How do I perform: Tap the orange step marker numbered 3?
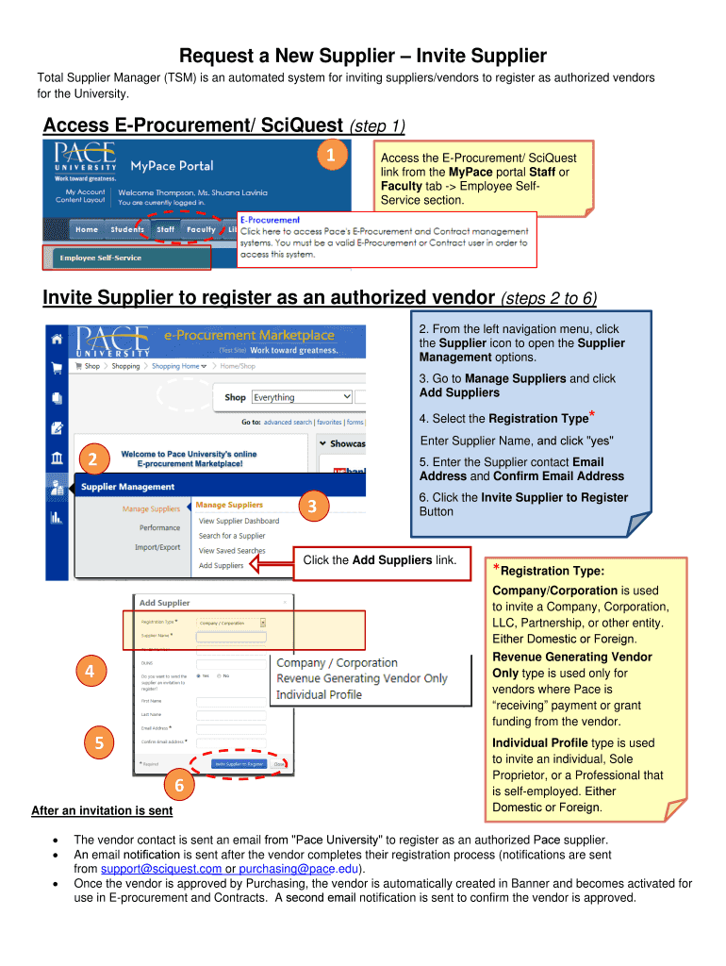pos(312,508)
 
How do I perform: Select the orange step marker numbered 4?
pos(90,672)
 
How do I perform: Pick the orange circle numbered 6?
pos(175,785)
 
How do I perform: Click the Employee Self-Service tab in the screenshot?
pos(97,258)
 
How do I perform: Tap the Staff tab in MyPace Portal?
pos(166,229)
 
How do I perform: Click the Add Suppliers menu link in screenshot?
pos(221,566)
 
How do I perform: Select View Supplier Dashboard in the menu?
pos(239,521)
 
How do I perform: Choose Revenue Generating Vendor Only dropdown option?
pos(361,678)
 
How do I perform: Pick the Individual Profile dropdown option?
pos(319,694)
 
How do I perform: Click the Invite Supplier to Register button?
pos(239,764)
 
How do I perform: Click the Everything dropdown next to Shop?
pos(301,397)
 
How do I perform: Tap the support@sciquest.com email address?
pos(161,869)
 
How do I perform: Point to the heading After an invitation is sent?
pos(102,810)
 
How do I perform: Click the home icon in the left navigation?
pos(58,339)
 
